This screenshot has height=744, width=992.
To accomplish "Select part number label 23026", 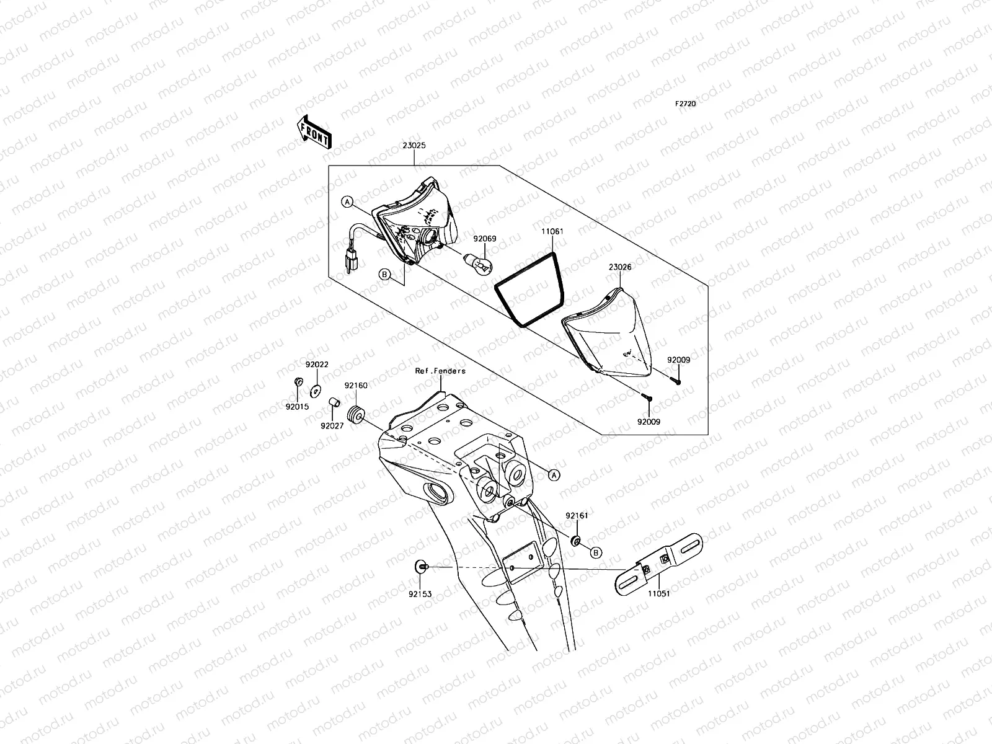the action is pos(619,267).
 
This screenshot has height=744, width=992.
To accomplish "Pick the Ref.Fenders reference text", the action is pos(440,371).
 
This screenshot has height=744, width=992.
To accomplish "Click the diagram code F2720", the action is pos(686,104).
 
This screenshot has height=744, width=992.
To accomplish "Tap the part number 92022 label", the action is pos(316,365).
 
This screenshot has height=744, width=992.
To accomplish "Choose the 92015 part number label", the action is pos(297,407).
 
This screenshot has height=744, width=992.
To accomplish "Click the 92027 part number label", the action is pos(332,425).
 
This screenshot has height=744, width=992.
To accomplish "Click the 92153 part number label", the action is pos(420,594).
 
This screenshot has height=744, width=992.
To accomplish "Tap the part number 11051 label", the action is pos(658,593).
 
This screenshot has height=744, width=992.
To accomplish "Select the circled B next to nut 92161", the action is pos(596,552).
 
